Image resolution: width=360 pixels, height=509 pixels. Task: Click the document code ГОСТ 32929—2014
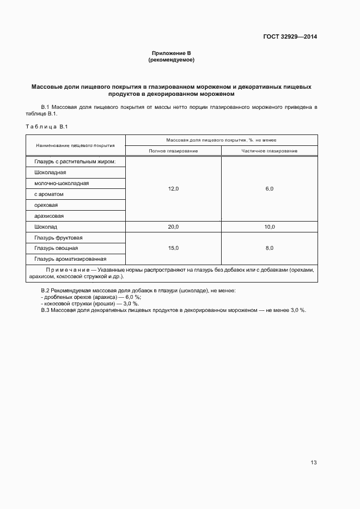[291, 36]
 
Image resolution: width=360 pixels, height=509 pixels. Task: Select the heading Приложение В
[172, 53]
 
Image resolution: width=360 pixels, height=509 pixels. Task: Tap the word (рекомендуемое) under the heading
[172, 60]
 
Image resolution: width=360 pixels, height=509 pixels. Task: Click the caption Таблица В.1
[46, 126]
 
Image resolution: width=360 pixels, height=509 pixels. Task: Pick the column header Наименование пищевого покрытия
[75, 145]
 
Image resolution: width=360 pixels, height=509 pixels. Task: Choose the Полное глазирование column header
[173, 151]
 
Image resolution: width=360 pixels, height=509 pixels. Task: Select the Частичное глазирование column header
[269, 151]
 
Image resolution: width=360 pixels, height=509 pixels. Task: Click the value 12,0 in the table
[173, 188]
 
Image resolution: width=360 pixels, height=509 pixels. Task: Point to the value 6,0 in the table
[269, 188]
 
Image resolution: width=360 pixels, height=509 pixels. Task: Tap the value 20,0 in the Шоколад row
[173, 226]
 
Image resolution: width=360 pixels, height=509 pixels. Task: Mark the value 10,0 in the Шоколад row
[269, 226]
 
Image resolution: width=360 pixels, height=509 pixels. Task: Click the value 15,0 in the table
[173, 248]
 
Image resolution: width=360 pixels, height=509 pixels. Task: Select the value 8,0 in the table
[269, 248]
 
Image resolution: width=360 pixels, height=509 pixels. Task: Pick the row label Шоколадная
[50, 172]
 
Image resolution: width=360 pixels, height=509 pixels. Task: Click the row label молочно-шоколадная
[62, 183]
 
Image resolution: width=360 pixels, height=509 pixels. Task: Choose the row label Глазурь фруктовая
[58, 237]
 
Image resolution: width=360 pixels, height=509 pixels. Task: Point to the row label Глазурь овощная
[56, 248]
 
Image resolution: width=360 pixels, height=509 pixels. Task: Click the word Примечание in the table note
[67, 269]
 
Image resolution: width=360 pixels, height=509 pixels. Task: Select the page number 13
[313, 462]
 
